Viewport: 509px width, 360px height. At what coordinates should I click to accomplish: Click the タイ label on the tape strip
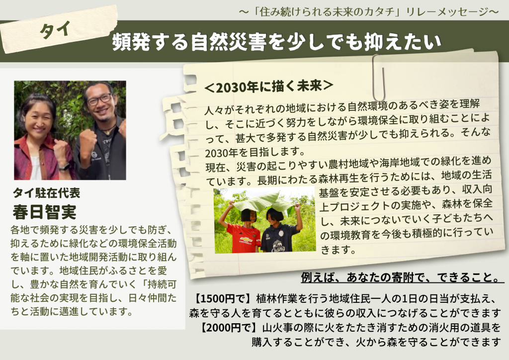coord(55,30)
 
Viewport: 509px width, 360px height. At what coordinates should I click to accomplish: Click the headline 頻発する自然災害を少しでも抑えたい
coord(276,42)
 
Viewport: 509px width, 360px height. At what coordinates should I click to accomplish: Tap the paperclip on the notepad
coord(379,78)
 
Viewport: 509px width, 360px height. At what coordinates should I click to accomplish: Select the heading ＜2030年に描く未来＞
coord(269,87)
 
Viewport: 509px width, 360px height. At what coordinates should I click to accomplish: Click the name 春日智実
coord(45,212)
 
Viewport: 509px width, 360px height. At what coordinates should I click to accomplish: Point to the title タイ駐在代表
coord(46,193)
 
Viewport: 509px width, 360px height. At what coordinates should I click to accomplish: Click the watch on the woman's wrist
coord(65,167)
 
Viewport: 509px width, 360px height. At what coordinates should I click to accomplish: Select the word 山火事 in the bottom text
coord(277,328)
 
